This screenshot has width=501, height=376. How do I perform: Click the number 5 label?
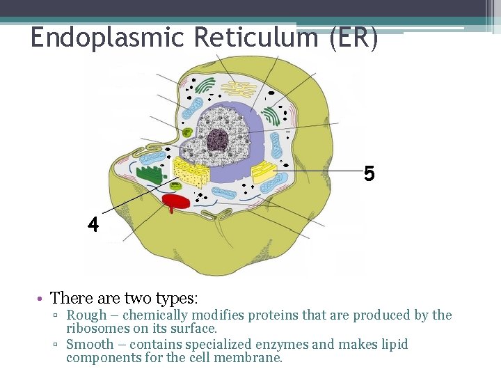coord(369,173)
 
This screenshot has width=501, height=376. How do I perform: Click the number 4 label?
coord(93,224)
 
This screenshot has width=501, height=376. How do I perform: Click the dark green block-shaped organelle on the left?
coord(150,175)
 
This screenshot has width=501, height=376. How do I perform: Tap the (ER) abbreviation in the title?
coord(354,37)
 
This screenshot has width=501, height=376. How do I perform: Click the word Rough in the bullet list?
coord(86,315)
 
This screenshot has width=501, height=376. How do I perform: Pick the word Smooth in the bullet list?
coord(90,345)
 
